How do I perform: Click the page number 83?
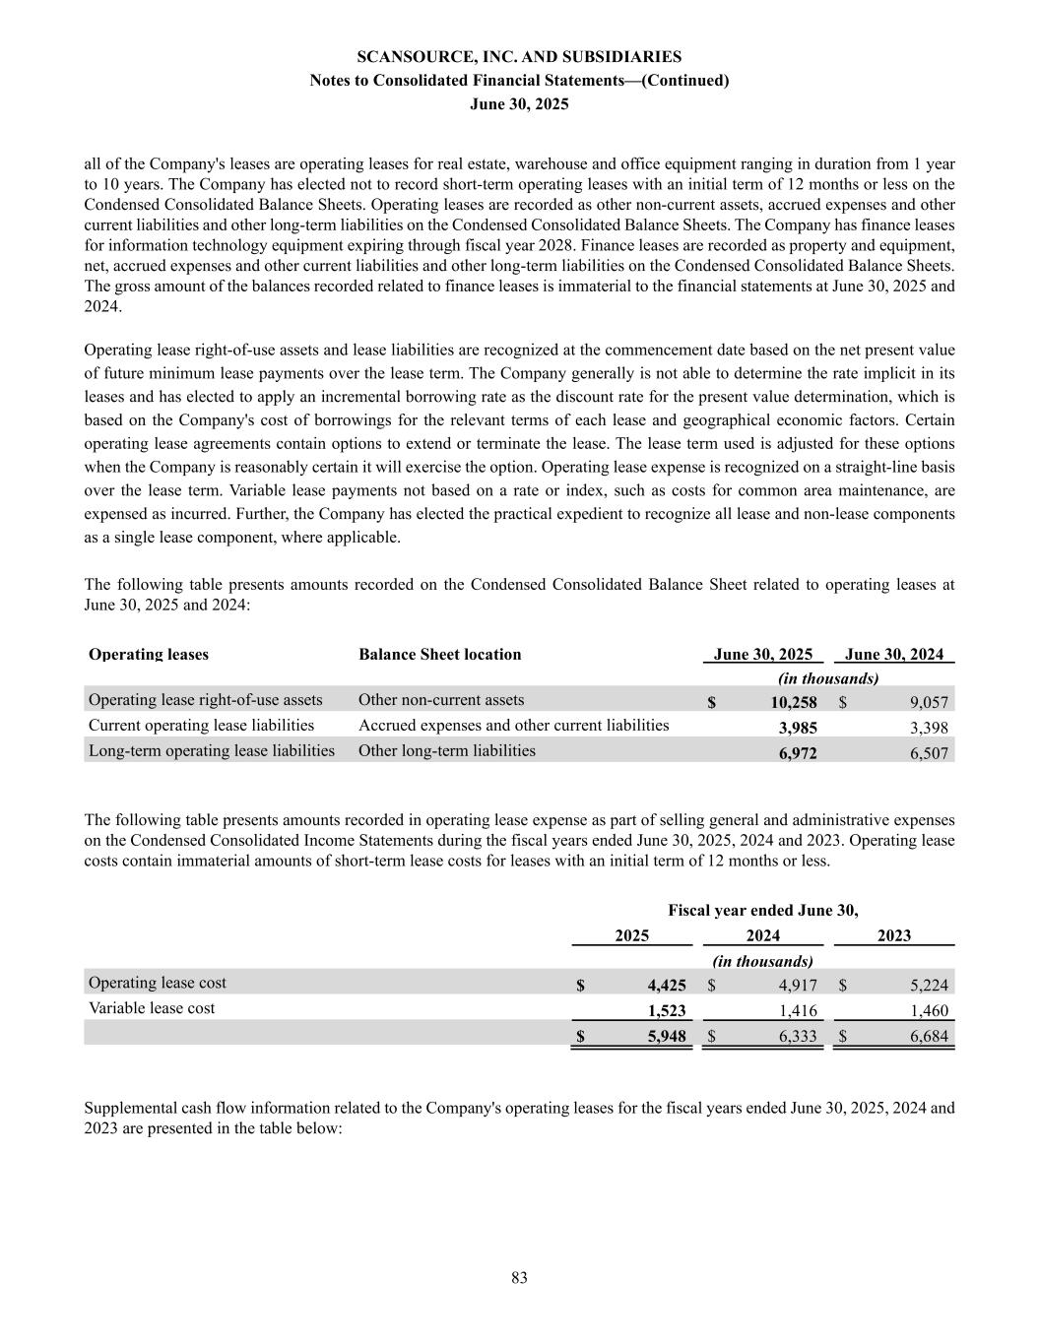click(519, 1278)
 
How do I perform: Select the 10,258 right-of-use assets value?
click(793, 703)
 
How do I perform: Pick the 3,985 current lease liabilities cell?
click(797, 728)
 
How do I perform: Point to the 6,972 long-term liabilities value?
click(797, 753)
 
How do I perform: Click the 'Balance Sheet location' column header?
click(439, 655)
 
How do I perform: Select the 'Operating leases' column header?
click(149, 655)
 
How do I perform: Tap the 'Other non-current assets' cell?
click(440, 700)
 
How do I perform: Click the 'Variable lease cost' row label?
click(152, 1008)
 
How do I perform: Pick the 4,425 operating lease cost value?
click(667, 985)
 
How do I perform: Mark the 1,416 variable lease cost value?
click(797, 1010)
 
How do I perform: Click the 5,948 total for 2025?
click(667, 1036)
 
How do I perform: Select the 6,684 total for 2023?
click(929, 1036)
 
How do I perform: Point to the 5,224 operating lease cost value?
click(929, 985)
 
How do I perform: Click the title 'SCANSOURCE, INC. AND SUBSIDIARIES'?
click(519, 57)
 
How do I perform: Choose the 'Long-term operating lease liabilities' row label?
click(212, 750)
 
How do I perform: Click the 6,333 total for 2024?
click(797, 1036)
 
